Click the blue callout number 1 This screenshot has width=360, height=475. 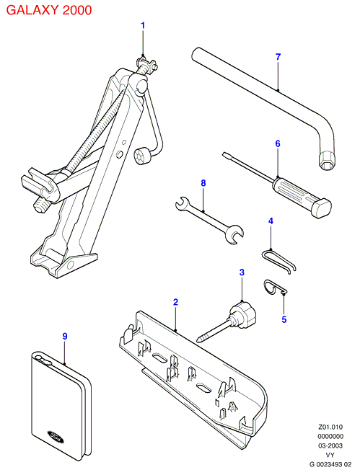(x=143, y=25)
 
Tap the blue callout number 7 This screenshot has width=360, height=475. (x=278, y=57)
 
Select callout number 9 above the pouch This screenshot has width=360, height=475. (x=65, y=336)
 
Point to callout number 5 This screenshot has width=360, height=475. (x=284, y=319)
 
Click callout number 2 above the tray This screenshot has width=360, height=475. (x=175, y=302)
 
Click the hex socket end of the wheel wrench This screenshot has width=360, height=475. (x=326, y=160)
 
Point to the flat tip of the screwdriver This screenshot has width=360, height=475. (x=225, y=155)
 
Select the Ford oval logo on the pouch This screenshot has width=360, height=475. (x=56, y=436)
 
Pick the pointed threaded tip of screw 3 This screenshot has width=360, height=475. (x=199, y=339)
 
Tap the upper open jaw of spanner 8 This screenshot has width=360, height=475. (x=182, y=203)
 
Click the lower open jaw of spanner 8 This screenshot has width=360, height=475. (x=234, y=234)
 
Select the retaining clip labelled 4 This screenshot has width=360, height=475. (x=278, y=260)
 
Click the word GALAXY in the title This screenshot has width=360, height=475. (x=32, y=10)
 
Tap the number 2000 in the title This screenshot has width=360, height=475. (x=77, y=10)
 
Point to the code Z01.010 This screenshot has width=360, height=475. (x=330, y=427)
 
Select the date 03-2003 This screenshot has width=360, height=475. (x=330, y=446)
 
